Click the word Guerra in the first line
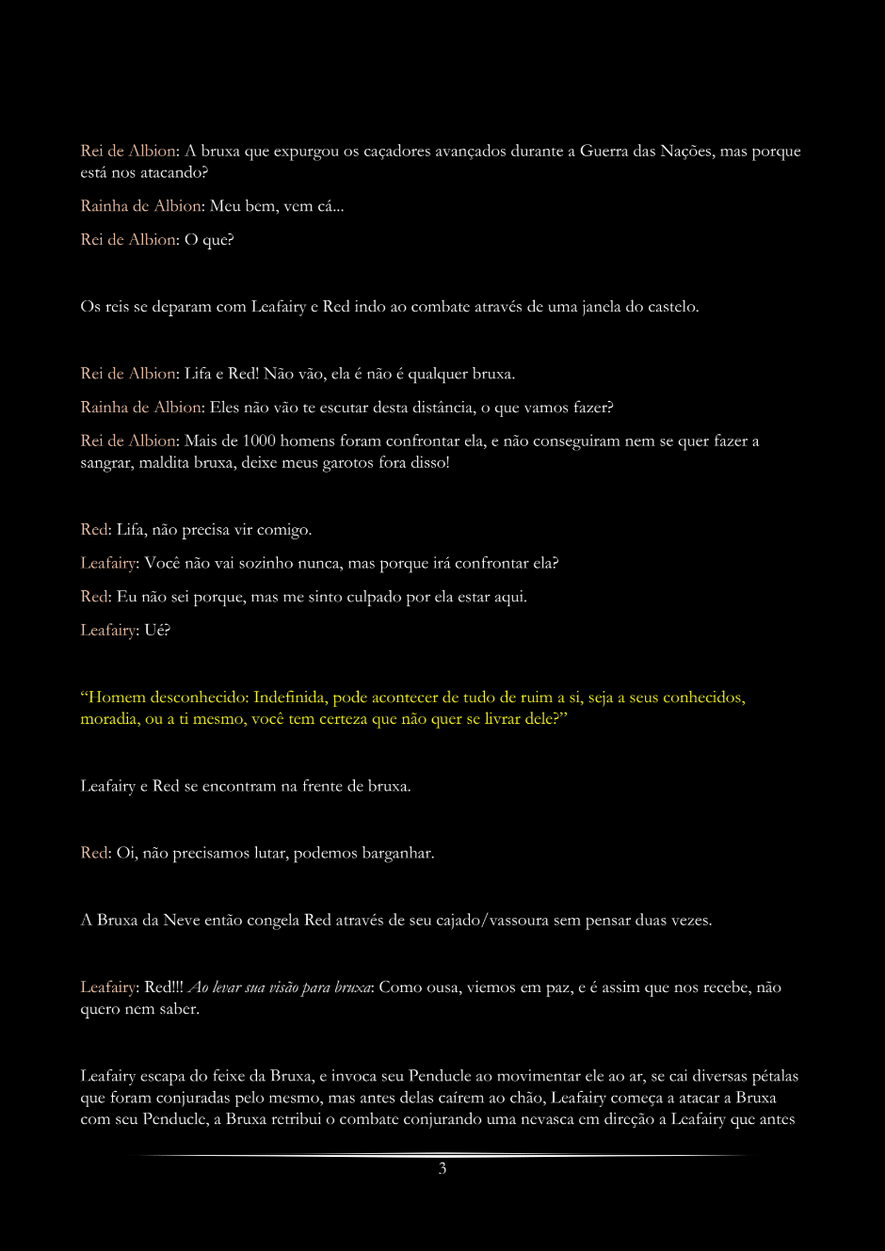coord(603,151)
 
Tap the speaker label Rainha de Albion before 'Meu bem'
coord(140,206)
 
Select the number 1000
coord(257,441)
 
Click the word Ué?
coord(157,631)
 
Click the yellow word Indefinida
coord(290,698)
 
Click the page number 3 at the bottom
coord(442,1168)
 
